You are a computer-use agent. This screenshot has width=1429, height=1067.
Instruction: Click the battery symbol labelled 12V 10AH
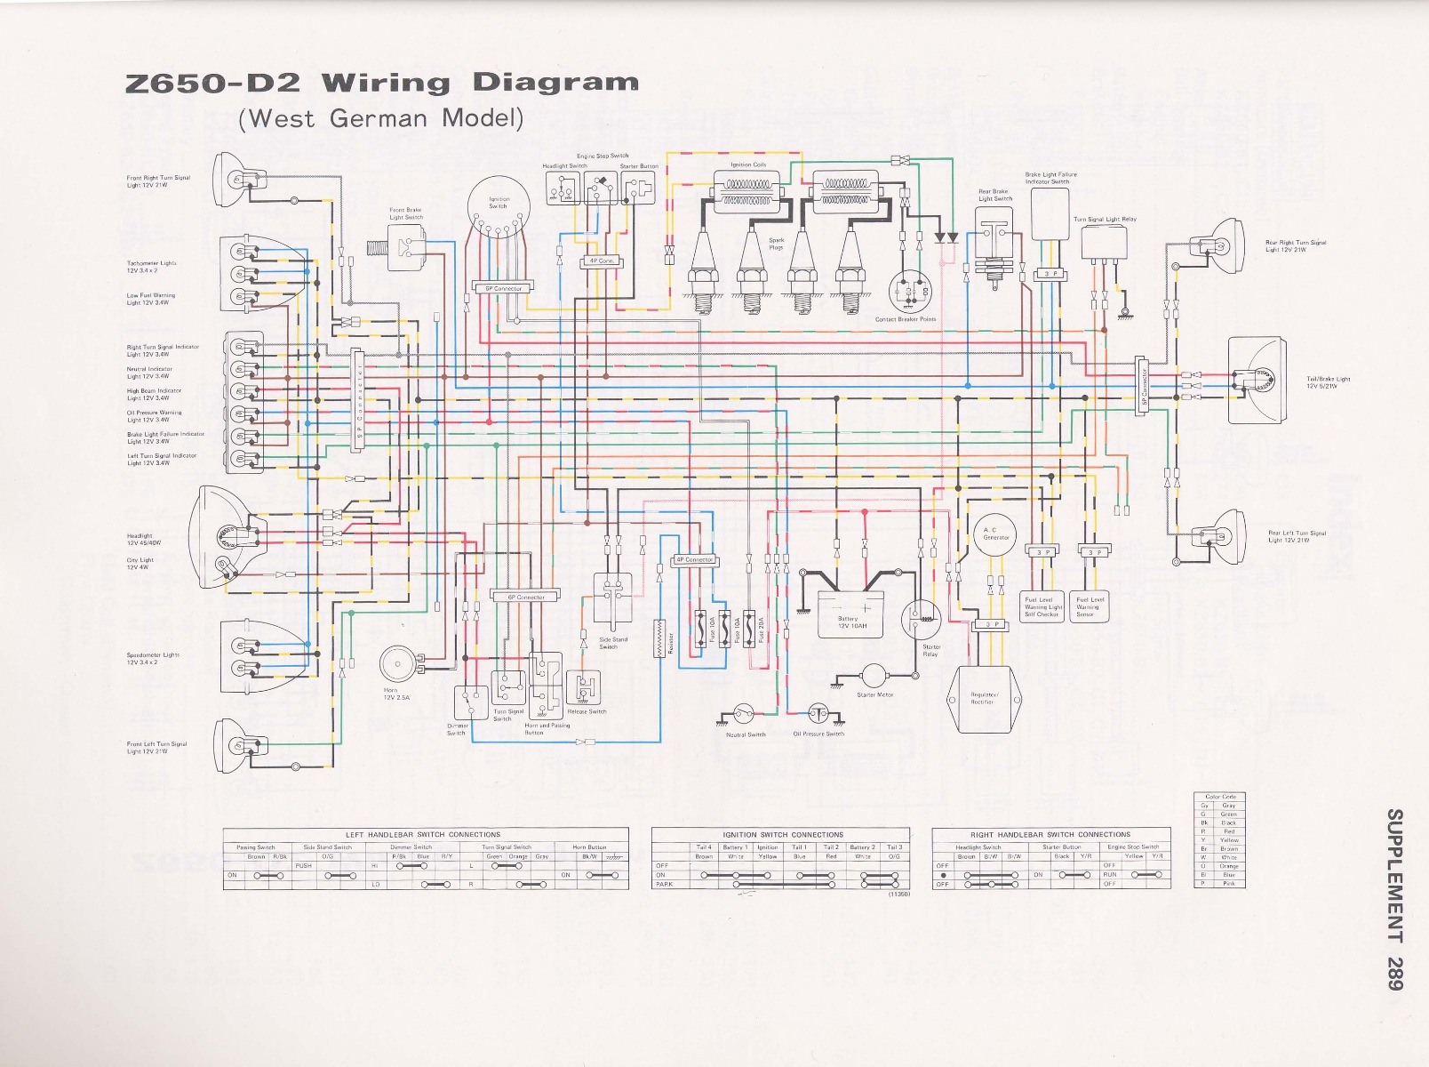tap(850, 614)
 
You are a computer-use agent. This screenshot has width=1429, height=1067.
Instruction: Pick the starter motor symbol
tap(874, 676)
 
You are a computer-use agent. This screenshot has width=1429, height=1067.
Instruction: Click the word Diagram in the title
tap(555, 83)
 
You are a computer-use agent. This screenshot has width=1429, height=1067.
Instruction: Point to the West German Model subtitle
tap(380, 118)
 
